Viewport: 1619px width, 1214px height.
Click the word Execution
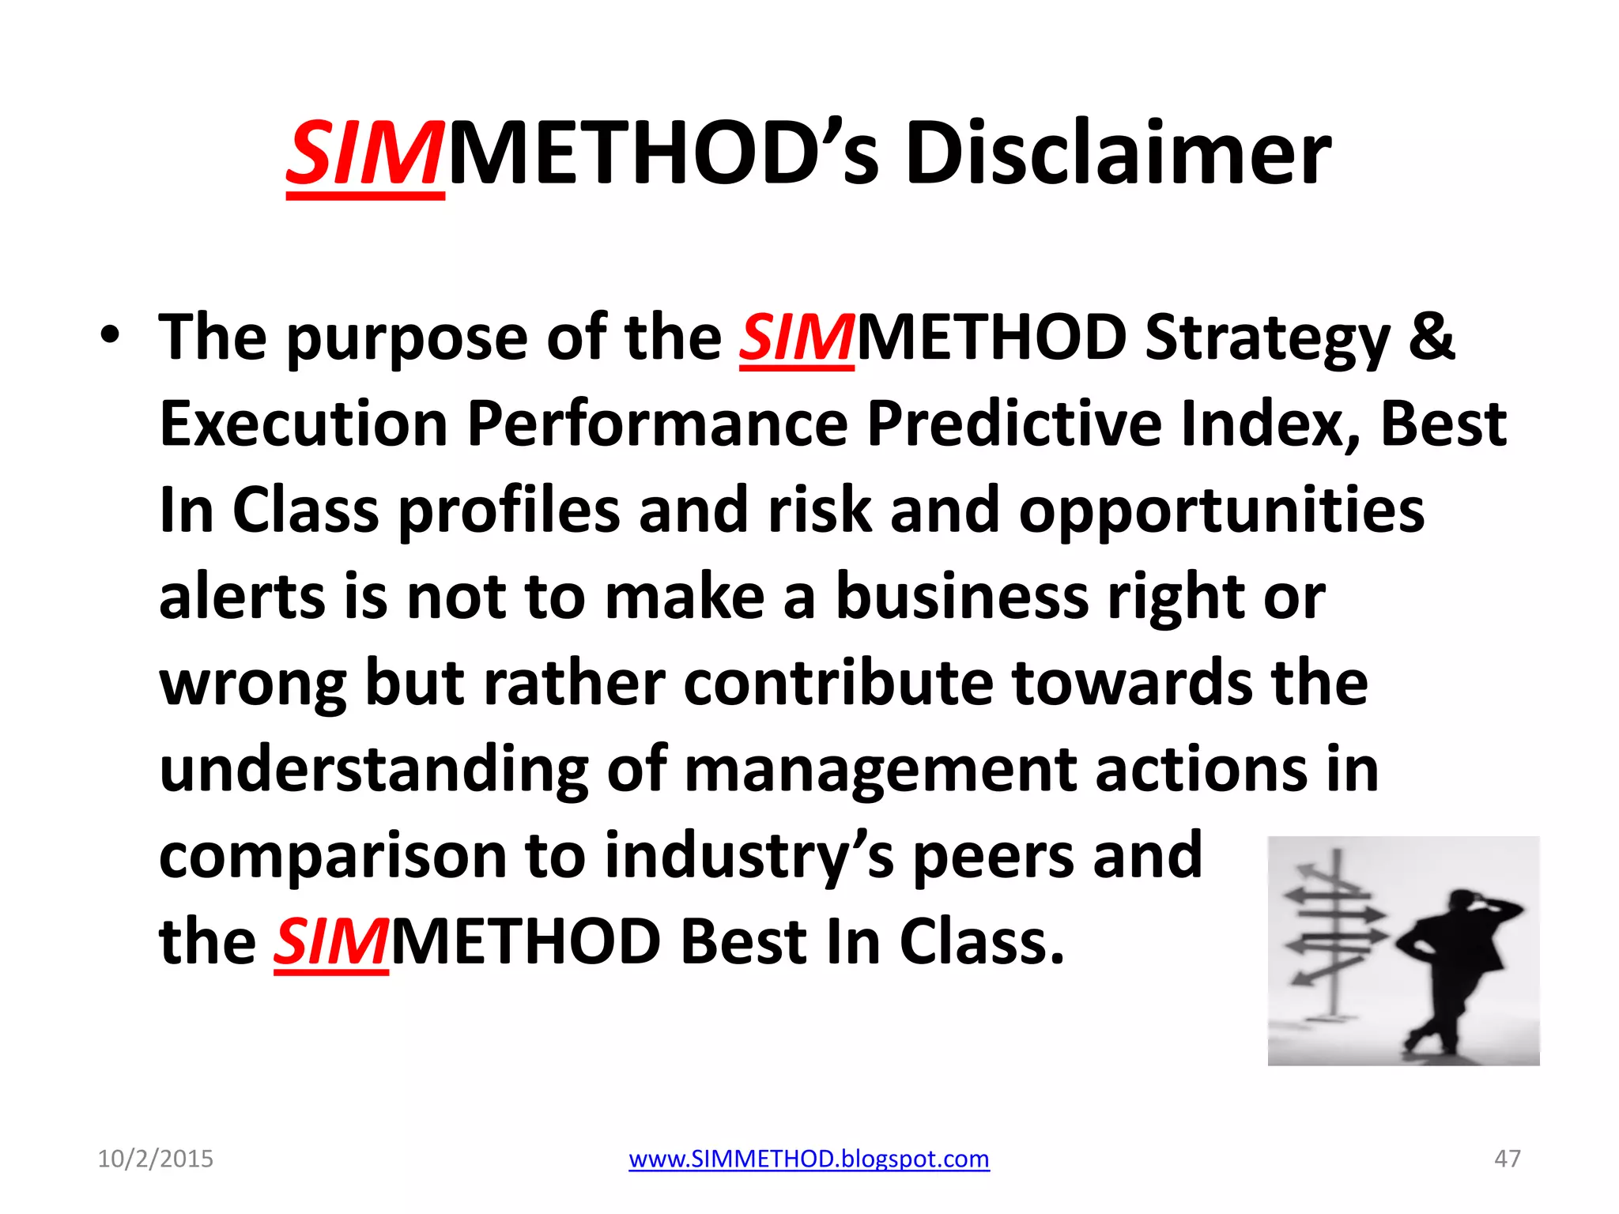(x=303, y=424)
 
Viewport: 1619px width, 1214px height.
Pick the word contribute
(x=838, y=684)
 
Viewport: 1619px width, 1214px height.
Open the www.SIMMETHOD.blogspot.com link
(x=809, y=1159)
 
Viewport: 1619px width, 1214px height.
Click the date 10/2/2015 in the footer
(x=155, y=1159)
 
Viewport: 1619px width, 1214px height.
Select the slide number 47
(x=1507, y=1159)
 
